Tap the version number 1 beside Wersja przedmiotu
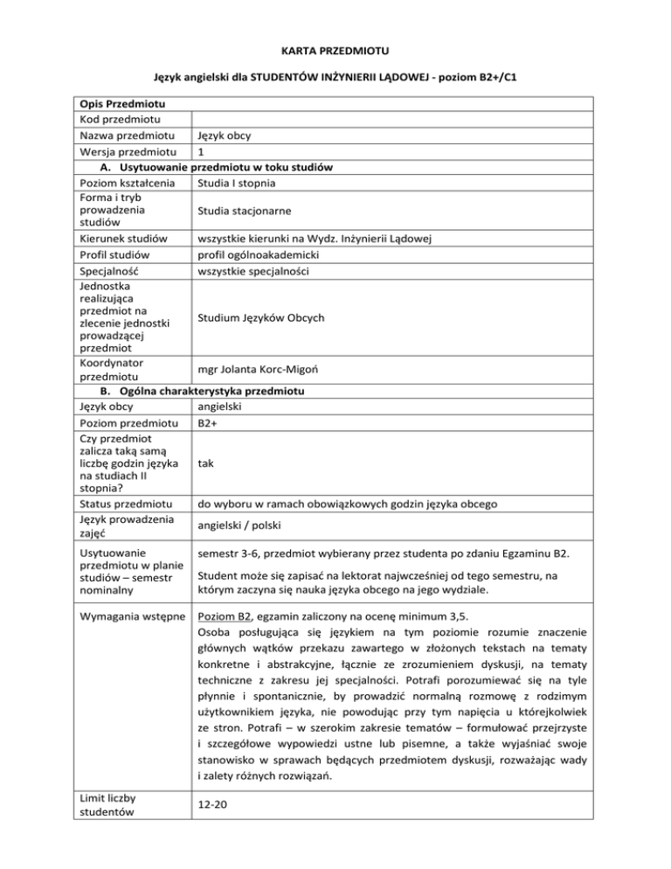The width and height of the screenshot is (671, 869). pos(202,152)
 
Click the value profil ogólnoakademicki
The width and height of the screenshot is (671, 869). pos(259,254)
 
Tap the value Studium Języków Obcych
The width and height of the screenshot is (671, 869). pos(271,317)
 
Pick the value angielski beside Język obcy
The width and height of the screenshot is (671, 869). pos(220,407)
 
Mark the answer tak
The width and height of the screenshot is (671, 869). pos(206,465)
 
